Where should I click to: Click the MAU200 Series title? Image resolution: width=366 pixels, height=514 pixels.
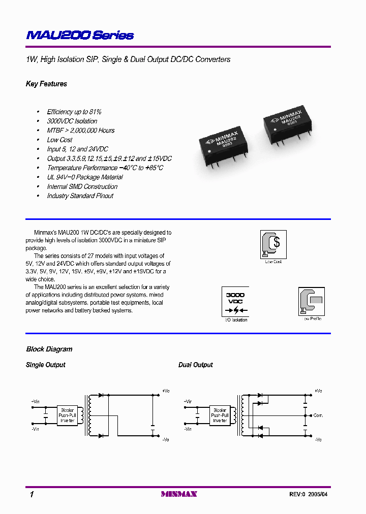click(80, 36)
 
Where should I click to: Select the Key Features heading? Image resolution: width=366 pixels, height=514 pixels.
click(46, 84)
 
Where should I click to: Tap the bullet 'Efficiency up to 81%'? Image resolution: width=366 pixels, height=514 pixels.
click(74, 112)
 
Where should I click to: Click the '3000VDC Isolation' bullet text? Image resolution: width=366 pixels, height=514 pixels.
click(72, 121)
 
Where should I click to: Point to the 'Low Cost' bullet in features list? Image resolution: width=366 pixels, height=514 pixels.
click(59, 140)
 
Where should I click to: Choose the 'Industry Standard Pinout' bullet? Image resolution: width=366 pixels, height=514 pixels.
click(80, 196)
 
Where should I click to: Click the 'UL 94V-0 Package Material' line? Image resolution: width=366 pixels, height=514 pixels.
click(84, 177)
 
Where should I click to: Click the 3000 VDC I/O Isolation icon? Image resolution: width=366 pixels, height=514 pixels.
click(235, 302)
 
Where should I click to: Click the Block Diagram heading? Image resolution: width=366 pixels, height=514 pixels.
click(49, 349)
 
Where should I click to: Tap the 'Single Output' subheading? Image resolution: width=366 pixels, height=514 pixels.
click(45, 365)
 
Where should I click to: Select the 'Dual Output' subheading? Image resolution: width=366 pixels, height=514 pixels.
click(196, 365)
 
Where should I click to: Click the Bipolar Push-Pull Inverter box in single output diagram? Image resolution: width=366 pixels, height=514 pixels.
click(68, 415)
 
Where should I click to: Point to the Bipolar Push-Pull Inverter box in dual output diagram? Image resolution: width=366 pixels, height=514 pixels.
click(220, 415)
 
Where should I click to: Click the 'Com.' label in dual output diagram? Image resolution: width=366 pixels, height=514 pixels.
click(318, 415)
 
